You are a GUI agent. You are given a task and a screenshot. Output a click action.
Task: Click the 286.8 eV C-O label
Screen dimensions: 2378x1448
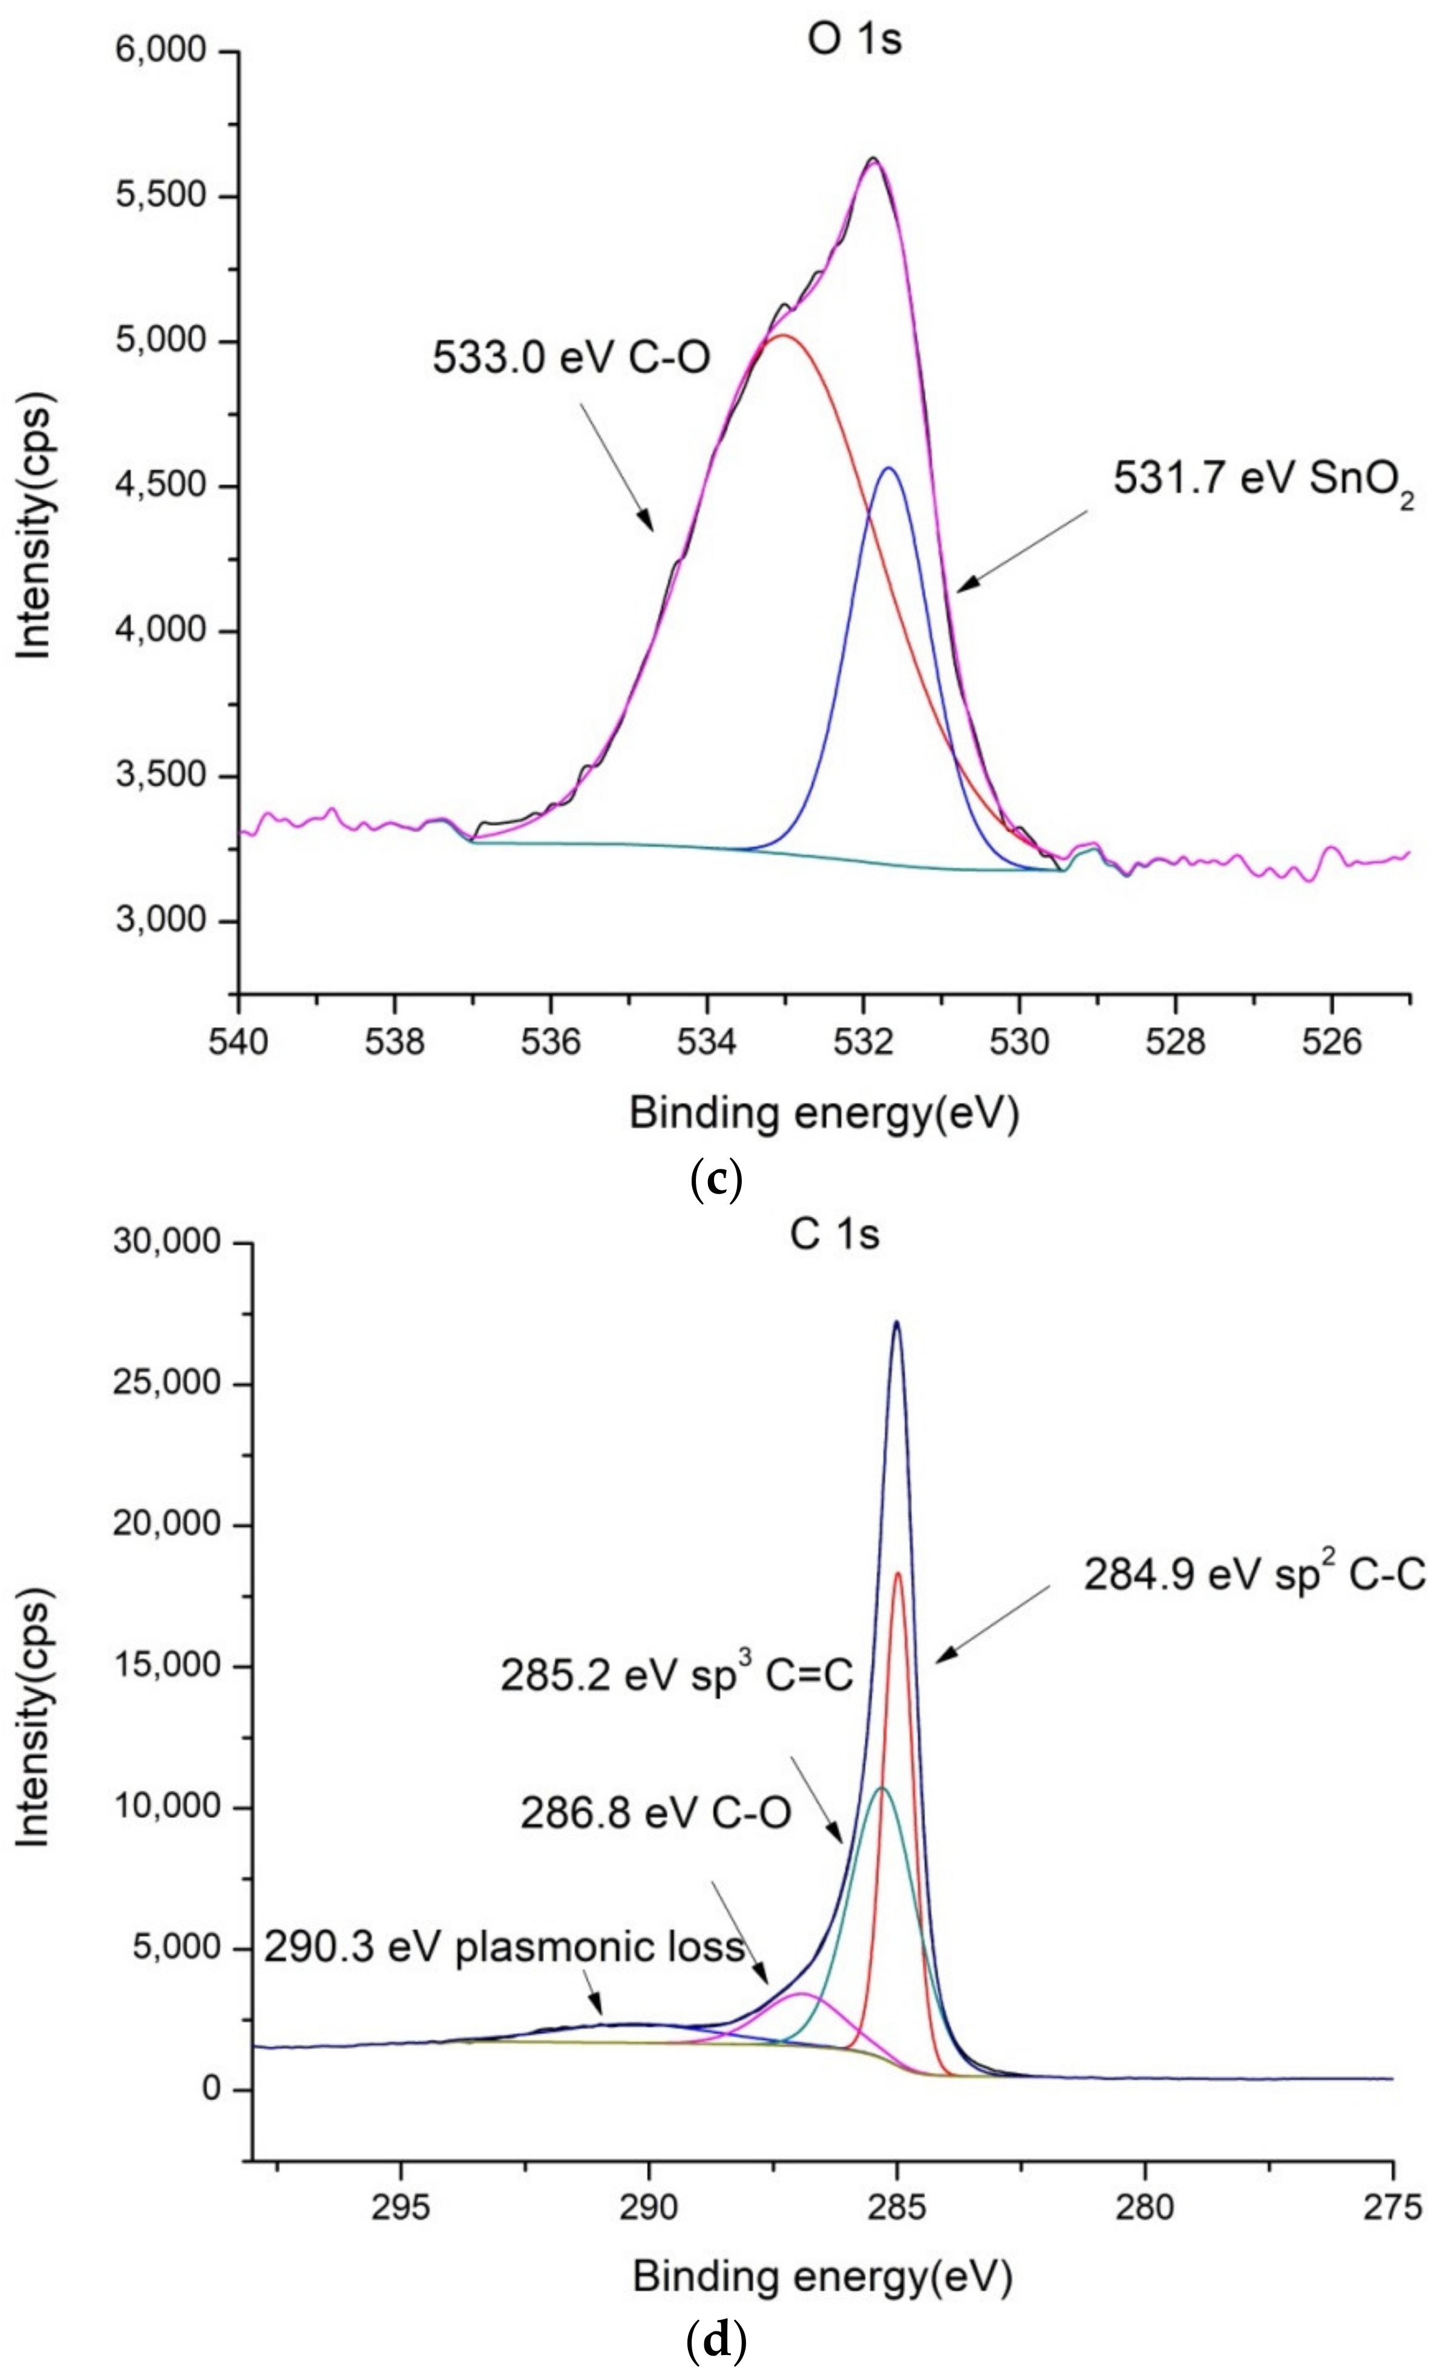[656, 1813]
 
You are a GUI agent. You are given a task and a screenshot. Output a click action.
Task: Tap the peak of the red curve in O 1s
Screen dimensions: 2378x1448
[784, 335]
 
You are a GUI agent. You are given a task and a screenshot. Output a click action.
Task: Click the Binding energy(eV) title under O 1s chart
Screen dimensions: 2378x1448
[824, 1114]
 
